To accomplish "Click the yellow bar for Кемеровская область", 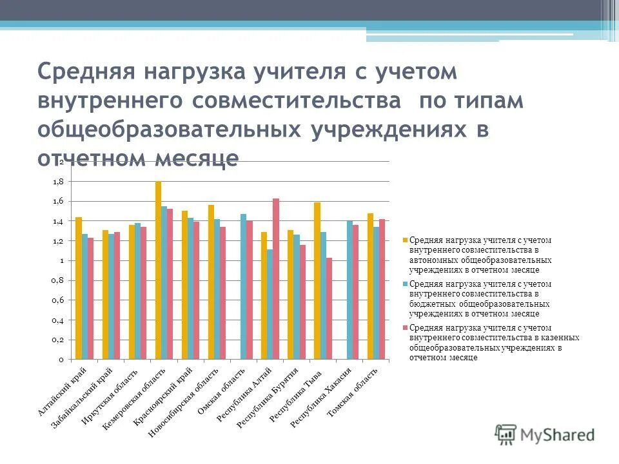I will [158, 271].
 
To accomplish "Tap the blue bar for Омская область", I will [243, 286].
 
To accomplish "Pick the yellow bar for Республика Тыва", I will [317, 280].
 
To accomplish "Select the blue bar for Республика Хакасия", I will [349, 290].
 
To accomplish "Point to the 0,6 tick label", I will [58, 300].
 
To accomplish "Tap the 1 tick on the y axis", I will [61, 260].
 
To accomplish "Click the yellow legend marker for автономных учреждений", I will [406, 240].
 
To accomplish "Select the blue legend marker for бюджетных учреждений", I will [406, 283].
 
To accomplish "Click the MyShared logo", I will [545, 433].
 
